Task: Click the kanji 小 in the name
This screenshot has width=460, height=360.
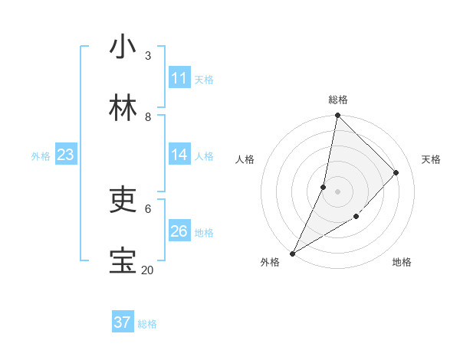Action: [123, 47]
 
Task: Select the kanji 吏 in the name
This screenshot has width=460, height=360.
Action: [123, 199]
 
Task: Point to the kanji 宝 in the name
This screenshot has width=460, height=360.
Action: [123, 260]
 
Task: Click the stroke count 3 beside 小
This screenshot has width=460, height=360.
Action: [148, 56]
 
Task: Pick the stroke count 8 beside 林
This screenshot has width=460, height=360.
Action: [148, 117]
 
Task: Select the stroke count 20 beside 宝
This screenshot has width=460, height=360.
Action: [148, 270]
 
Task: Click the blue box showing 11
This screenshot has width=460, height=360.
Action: [179, 78]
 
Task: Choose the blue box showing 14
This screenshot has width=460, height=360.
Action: [179, 155]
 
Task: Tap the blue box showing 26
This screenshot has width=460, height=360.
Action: [179, 231]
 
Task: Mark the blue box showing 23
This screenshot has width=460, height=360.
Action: [66, 155]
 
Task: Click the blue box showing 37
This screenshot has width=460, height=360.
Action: [123, 322]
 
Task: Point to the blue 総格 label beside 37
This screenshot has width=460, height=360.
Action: [147, 324]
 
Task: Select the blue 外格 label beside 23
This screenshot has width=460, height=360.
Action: [41, 156]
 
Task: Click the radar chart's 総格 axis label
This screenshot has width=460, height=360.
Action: [338, 100]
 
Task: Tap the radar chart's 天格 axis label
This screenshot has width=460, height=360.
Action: [431, 159]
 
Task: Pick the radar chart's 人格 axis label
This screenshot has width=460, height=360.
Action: [245, 159]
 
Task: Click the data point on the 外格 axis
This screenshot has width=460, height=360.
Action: [292, 253]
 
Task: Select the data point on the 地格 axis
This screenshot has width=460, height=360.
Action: [356, 217]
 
